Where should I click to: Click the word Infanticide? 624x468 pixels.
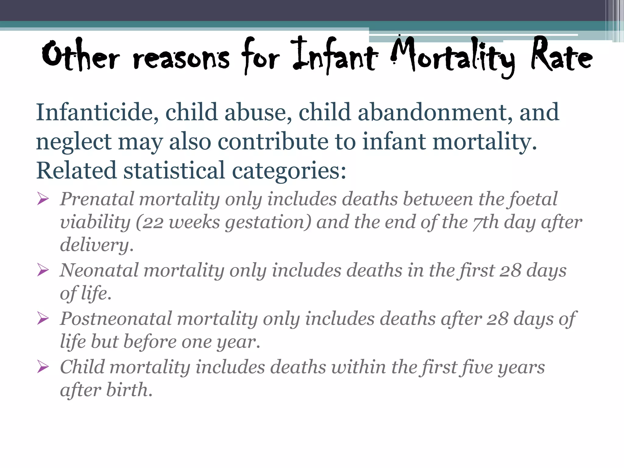point(97,112)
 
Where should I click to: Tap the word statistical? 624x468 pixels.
point(174,170)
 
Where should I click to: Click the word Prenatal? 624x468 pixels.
point(97,199)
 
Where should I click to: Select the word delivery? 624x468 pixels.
point(97,245)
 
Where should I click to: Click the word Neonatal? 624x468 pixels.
point(99,270)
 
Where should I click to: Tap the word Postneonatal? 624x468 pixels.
point(116,319)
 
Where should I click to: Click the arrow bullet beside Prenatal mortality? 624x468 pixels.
point(43,199)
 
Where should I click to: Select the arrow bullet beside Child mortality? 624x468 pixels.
point(43,367)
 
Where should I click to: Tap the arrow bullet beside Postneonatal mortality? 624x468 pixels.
point(43,319)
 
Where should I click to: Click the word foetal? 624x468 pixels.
point(533,199)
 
